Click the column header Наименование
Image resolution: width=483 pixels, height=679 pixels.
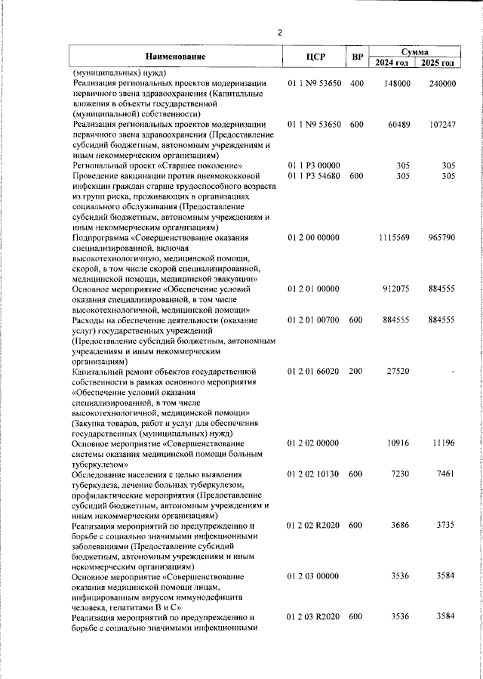pyautogui.click(x=175, y=57)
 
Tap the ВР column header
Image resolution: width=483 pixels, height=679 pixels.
pyautogui.click(x=358, y=57)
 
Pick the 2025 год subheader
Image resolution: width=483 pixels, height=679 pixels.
pyautogui.click(x=438, y=62)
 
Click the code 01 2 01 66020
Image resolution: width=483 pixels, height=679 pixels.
pyautogui.click(x=315, y=371)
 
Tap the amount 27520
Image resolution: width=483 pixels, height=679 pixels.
pyautogui.click(x=398, y=371)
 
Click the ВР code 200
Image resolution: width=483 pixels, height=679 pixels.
pyautogui.click(x=357, y=371)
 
